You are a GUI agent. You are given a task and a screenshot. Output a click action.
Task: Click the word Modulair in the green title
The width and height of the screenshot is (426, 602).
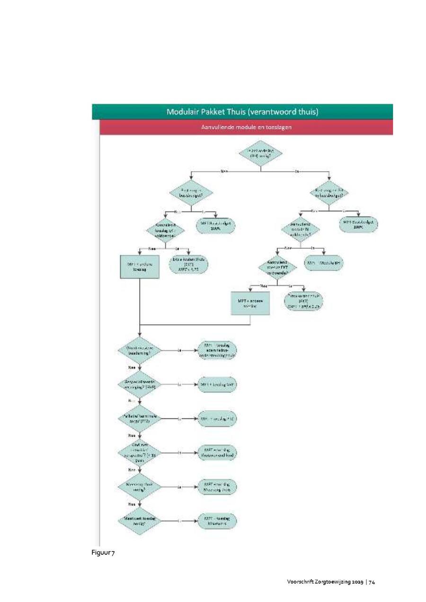point(184,112)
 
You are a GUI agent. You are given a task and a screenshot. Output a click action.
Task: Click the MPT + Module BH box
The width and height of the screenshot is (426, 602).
point(324,262)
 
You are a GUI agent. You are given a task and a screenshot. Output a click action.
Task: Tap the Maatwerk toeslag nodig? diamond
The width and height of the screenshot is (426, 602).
point(139,521)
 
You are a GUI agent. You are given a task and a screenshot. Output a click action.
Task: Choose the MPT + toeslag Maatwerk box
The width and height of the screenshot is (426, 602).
point(217,521)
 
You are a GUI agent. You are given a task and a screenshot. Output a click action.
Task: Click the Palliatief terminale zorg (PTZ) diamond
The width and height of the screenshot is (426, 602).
point(139,419)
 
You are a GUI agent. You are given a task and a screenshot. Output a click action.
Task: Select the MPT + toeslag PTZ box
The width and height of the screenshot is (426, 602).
point(217,419)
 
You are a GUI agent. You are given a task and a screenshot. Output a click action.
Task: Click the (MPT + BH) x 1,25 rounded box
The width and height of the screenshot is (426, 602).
point(303,301)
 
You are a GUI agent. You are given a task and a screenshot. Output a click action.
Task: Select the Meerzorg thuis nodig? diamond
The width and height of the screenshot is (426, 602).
point(139,487)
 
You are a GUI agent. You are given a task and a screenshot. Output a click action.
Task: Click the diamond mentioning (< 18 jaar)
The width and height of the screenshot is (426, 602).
point(139,453)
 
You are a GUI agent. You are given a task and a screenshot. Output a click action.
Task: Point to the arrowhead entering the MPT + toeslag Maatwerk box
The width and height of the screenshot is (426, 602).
point(195,521)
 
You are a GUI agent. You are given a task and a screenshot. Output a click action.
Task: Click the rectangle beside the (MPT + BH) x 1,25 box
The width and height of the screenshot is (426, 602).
point(250,303)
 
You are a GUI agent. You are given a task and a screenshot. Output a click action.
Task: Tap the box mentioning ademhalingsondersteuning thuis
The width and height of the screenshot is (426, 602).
point(217,350)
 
